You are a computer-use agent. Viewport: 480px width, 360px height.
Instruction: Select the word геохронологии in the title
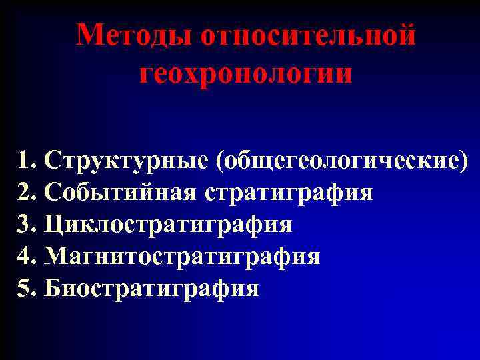(246, 73)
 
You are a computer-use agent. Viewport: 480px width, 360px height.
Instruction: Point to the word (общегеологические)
(341, 162)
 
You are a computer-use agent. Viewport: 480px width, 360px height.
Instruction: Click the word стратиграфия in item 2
(289, 193)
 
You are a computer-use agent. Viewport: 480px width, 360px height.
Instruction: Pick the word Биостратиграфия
(151, 289)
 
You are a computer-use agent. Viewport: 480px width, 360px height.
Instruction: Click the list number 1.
(25, 161)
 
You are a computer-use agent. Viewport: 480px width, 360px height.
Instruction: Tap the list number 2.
(25, 193)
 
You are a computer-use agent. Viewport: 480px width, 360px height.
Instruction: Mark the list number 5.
(25, 289)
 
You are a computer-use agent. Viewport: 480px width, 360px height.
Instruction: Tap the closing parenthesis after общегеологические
(463, 162)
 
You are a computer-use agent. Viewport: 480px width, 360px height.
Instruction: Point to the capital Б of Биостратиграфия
(51, 289)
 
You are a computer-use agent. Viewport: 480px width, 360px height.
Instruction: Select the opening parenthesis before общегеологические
(219, 162)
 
